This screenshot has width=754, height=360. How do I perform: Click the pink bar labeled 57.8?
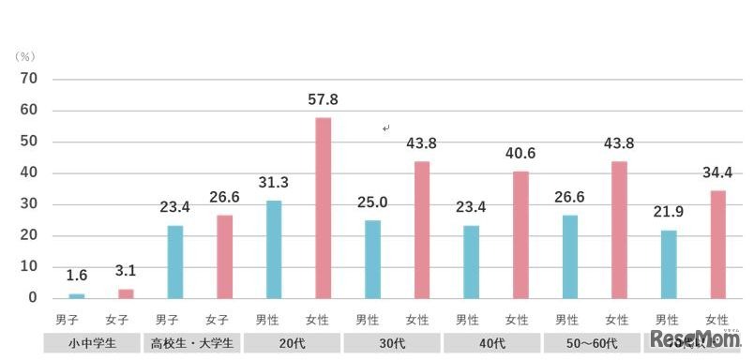pos(324,207)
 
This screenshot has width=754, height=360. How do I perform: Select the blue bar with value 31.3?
pos(274,248)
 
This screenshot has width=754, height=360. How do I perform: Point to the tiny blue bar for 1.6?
pos(76,295)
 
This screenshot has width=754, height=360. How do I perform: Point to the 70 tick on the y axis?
pos(28,79)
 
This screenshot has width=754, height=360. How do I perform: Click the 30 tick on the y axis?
pos(28,204)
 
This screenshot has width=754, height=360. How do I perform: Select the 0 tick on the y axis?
pos(32,298)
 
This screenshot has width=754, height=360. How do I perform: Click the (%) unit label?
pos(24,57)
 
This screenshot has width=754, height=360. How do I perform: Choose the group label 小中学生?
pos(92,343)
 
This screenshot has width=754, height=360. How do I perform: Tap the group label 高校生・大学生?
pos(191,343)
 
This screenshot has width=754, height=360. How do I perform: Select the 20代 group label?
pos(292,343)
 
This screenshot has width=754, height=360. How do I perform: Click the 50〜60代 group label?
pos(591,343)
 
